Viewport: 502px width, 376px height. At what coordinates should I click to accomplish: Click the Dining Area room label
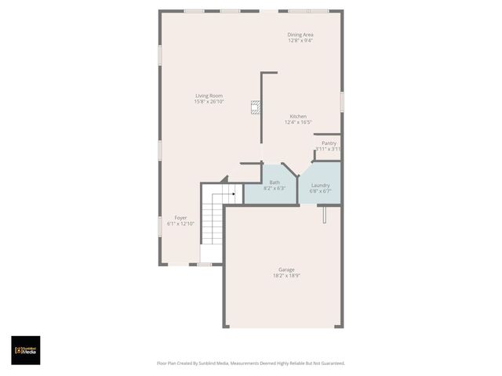coord(300,34)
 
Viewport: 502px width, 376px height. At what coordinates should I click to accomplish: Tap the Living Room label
coord(209,96)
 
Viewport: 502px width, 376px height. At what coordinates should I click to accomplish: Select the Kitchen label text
coord(297,117)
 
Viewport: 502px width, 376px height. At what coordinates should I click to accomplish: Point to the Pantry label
coord(329,143)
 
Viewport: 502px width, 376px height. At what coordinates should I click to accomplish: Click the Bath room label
coord(275,182)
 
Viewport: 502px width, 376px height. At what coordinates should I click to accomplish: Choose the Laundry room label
coord(320,185)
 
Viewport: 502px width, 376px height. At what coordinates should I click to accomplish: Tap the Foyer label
coord(180,217)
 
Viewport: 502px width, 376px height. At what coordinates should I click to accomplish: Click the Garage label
coord(286,269)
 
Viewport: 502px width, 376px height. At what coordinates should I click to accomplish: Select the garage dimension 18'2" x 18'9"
coord(286,276)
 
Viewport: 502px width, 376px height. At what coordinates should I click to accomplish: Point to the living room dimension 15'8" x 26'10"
coord(209,102)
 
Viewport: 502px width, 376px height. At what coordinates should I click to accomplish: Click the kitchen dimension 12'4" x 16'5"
coord(297,122)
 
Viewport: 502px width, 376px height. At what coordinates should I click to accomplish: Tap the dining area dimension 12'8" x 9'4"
coord(300,41)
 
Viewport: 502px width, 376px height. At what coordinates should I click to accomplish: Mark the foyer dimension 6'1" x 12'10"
coord(180,223)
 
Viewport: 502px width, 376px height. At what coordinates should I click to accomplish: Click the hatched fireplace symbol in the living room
coord(254,108)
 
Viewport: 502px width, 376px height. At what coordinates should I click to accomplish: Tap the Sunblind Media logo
coord(25,350)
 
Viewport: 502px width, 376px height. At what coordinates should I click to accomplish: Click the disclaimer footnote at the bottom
coord(251,363)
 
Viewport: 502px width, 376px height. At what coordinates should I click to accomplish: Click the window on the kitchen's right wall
coord(342,102)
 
